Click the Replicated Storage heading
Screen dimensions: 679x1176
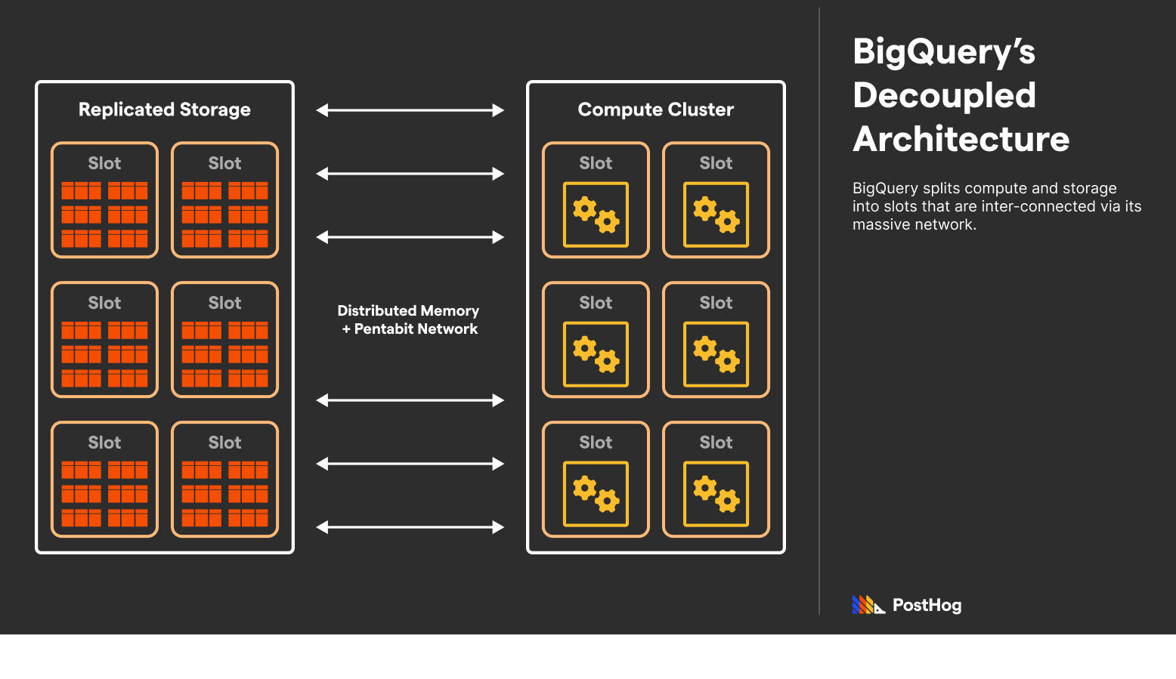(x=164, y=110)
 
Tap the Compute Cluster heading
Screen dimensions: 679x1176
(x=655, y=110)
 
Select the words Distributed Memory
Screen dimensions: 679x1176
(x=408, y=310)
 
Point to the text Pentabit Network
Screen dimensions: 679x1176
(x=416, y=329)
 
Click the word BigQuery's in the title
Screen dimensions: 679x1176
(x=943, y=52)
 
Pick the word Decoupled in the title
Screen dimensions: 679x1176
(x=944, y=95)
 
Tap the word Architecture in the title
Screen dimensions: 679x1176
(x=961, y=139)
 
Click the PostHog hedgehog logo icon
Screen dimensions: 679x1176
(x=868, y=605)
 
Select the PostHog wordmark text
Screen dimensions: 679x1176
(x=927, y=605)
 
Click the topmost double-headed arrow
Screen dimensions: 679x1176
(x=410, y=110)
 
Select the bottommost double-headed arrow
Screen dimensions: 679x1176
(x=410, y=527)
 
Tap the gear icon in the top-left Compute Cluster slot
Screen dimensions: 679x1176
(x=596, y=215)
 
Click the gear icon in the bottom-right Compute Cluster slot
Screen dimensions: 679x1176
(x=716, y=494)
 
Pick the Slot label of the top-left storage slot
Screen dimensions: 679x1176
(x=104, y=163)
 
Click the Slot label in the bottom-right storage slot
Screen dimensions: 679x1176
(x=224, y=443)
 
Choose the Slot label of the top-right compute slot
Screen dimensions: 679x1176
(x=716, y=163)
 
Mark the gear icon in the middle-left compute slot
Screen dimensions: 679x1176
(x=596, y=354)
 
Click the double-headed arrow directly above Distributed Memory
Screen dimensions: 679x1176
(x=410, y=237)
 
